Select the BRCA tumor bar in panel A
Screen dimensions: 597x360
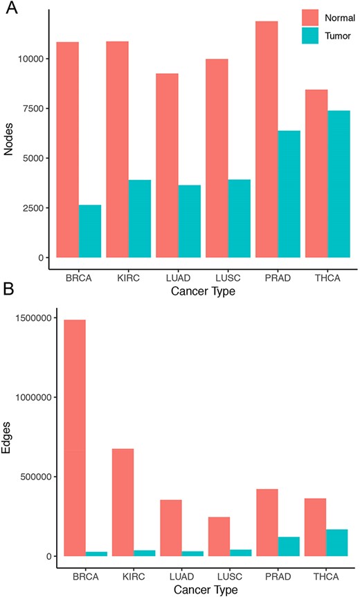(x=90, y=231)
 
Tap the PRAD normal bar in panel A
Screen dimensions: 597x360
(x=267, y=139)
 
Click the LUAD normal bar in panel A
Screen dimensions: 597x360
(x=167, y=165)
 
